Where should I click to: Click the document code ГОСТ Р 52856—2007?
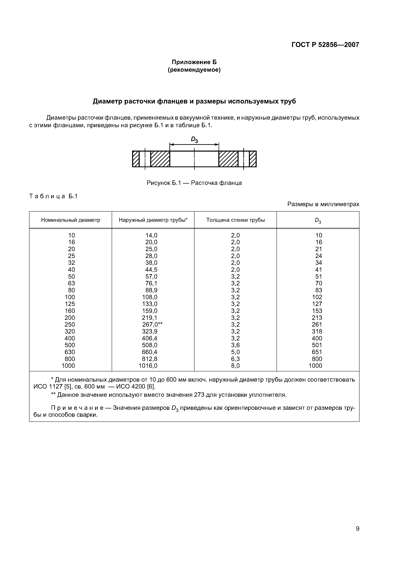click(x=325, y=45)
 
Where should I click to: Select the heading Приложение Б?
click(x=194, y=62)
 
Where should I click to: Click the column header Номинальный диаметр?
click(x=71, y=220)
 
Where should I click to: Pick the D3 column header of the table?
click(x=318, y=221)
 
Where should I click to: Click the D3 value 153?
click(x=317, y=311)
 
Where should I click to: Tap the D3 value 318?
click(x=317, y=332)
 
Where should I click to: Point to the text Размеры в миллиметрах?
click(x=323, y=204)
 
